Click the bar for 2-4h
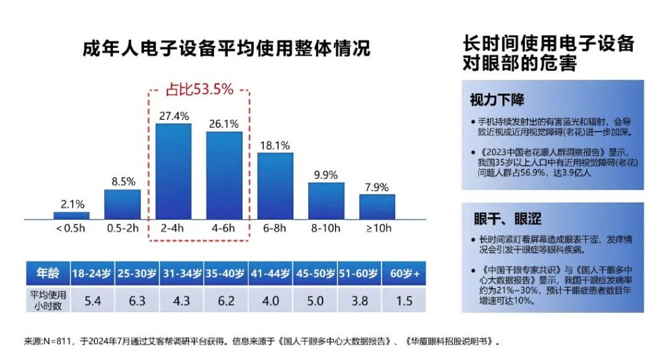(x=173, y=171)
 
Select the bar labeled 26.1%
(x=224, y=175)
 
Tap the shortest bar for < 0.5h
(x=71, y=215)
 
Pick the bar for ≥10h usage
(x=377, y=206)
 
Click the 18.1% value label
(x=275, y=145)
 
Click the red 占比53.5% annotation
(x=198, y=90)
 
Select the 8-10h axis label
(x=326, y=228)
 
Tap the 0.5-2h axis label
(x=122, y=228)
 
